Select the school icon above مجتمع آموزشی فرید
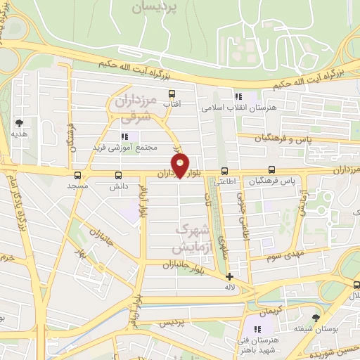pos(125,136)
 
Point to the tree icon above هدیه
pos(18,122)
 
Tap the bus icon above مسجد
pos(77,175)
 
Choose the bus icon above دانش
pos(117,175)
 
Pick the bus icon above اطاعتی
pos(224,170)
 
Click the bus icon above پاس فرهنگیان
pos(271,170)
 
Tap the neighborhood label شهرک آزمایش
pos(191,239)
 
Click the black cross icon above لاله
pos(229,276)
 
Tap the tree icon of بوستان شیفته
pos(316,318)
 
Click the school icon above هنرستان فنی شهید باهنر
pos(257,328)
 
